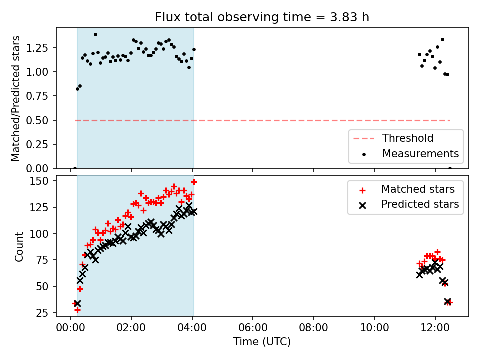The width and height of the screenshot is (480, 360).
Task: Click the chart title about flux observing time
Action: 262,17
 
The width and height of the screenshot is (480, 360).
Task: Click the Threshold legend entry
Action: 393,138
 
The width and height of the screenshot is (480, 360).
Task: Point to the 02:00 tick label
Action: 131,328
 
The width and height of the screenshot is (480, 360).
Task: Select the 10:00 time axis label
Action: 374,328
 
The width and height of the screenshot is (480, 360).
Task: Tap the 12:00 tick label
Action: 435,328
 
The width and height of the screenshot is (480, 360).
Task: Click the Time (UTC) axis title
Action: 262,341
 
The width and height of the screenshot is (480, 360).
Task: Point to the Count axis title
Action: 19,246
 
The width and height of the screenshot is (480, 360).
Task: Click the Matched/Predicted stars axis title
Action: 15,98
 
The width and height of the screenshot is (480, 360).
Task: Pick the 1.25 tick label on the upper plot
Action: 37,48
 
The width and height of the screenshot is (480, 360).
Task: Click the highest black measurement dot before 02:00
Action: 95,35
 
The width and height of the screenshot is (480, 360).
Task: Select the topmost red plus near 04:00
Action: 194,182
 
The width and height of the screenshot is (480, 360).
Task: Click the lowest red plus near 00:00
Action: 77,310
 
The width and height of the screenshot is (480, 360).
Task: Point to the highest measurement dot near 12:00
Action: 442,40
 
